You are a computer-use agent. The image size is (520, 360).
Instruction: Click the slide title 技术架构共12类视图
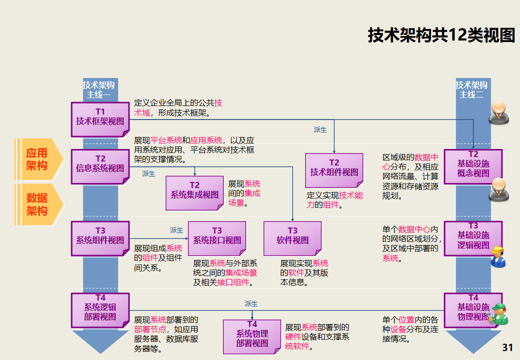click(441, 35)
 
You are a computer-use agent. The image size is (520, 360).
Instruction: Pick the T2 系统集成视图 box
click(195, 192)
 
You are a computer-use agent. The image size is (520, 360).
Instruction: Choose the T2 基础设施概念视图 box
click(472, 166)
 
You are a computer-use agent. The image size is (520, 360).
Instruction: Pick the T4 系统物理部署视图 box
click(252, 336)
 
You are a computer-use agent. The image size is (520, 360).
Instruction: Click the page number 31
click(507, 347)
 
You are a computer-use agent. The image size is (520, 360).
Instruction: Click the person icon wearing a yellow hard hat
click(497, 257)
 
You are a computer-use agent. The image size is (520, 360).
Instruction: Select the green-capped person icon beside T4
click(498, 314)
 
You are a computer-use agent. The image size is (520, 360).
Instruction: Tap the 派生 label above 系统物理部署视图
click(251, 303)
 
